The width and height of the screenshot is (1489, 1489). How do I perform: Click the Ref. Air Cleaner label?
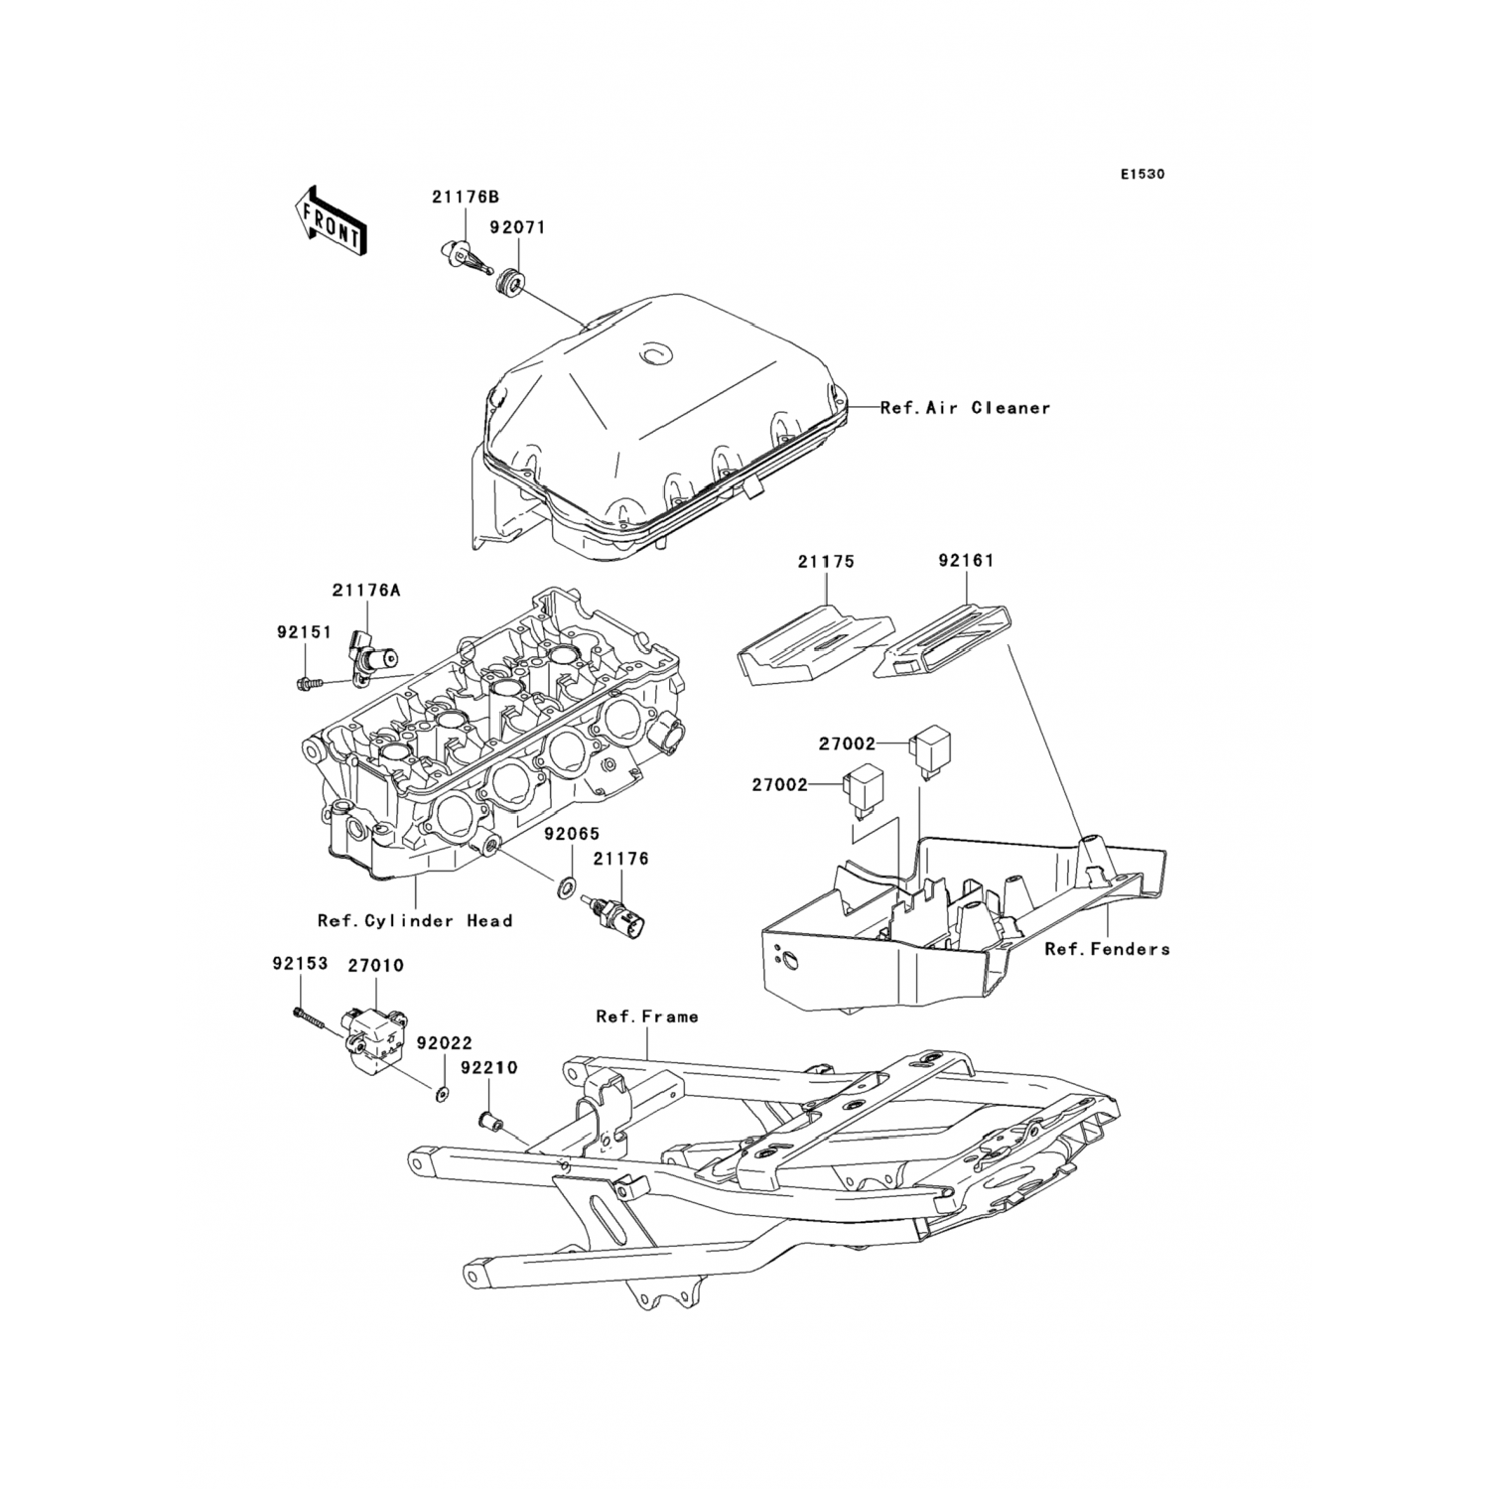point(965,408)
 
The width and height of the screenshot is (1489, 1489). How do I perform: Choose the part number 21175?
point(825,562)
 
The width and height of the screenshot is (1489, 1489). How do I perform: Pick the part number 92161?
point(965,561)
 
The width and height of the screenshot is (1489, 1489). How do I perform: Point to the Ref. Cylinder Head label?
point(415,921)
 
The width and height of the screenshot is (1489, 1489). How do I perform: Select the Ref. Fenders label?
point(1107,949)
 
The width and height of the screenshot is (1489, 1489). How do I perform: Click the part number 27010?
point(375,965)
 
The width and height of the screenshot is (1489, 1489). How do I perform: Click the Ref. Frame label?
point(646,1016)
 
